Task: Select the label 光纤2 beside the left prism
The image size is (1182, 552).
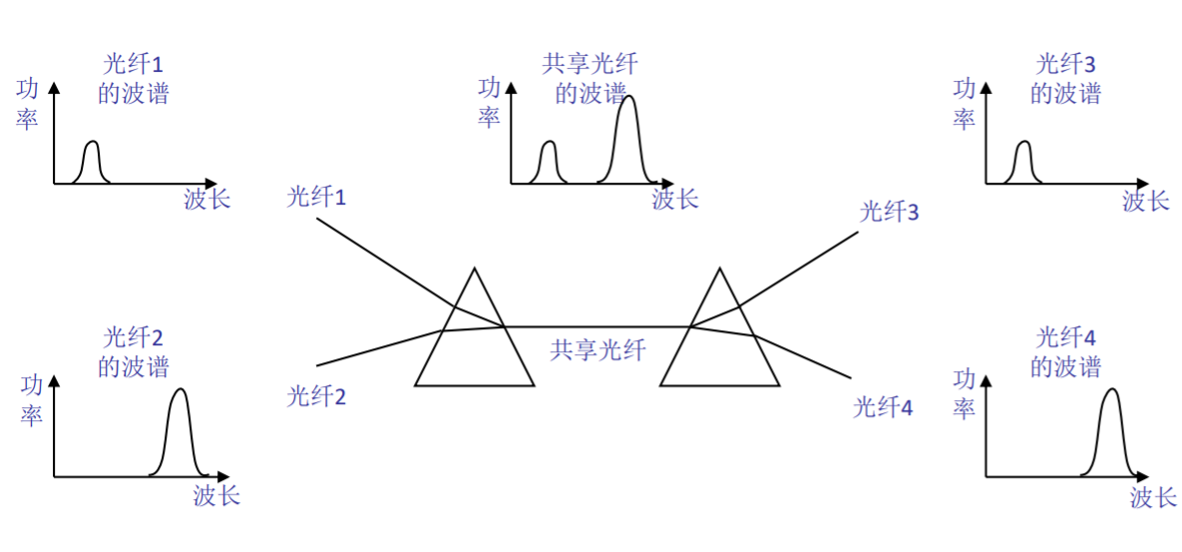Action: tap(316, 397)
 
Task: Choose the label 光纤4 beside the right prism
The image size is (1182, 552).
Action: tap(883, 407)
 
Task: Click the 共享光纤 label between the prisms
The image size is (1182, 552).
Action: tap(597, 349)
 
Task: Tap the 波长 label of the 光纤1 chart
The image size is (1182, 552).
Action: tap(207, 199)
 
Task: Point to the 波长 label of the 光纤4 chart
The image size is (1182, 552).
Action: tap(1153, 496)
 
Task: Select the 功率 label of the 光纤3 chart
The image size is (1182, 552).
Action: tap(964, 104)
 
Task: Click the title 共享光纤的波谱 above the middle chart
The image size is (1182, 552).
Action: tap(590, 79)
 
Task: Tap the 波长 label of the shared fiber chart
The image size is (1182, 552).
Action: tap(675, 199)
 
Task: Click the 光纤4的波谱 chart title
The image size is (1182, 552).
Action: tap(1065, 350)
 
